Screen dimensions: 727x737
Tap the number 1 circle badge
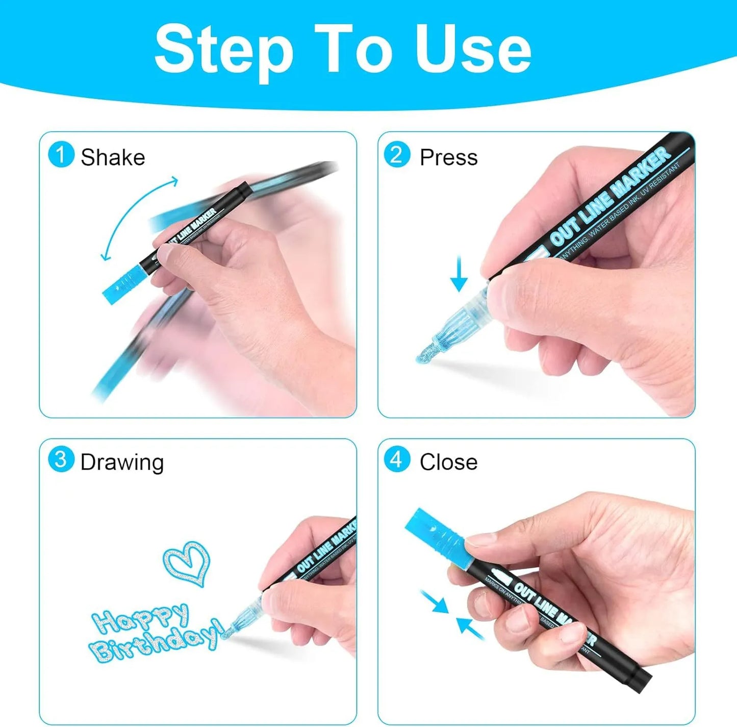(x=61, y=155)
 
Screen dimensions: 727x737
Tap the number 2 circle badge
(x=397, y=155)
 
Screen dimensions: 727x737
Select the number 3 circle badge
(x=61, y=459)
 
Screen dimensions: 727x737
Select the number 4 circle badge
(x=397, y=459)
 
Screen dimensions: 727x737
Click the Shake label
(x=113, y=157)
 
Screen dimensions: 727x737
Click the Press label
(x=448, y=157)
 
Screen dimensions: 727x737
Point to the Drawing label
(x=122, y=462)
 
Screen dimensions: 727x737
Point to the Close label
(x=448, y=462)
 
